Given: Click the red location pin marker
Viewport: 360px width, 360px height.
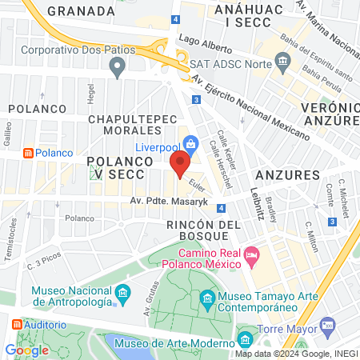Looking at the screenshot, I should click(x=180, y=165).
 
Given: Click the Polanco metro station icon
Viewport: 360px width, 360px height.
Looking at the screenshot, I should click(x=28, y=153).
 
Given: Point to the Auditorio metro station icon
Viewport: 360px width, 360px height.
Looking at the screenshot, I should click(x=18, y=326).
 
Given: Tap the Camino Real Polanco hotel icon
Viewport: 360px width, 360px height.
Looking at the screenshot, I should click(x=253, y=255).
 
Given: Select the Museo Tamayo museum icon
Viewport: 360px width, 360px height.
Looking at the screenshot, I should click(x=208, y=301).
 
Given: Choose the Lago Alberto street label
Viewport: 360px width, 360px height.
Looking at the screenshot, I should click(x=201, y=38).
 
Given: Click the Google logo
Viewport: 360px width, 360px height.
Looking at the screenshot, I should click(x=26, y=350).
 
